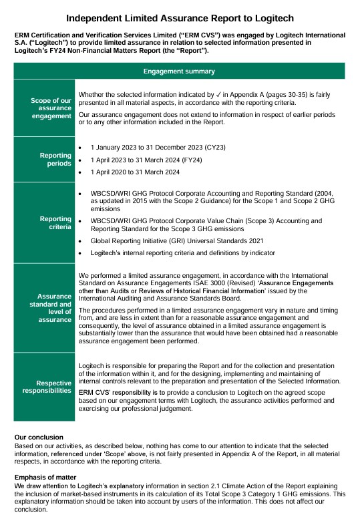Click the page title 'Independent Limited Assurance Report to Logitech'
[x=179, y=18]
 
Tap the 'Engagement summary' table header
[x=179, y=71]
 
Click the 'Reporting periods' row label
[x=55, y=159]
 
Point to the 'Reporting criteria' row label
[x=55, y=222]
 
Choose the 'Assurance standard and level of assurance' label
[x=53, y=308]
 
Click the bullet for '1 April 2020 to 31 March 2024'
[x=81, y=172]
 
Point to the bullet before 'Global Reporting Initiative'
[x=81, y=240]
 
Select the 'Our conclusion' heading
[x=39, y=436]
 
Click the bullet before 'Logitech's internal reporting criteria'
[x=81, y=254]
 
